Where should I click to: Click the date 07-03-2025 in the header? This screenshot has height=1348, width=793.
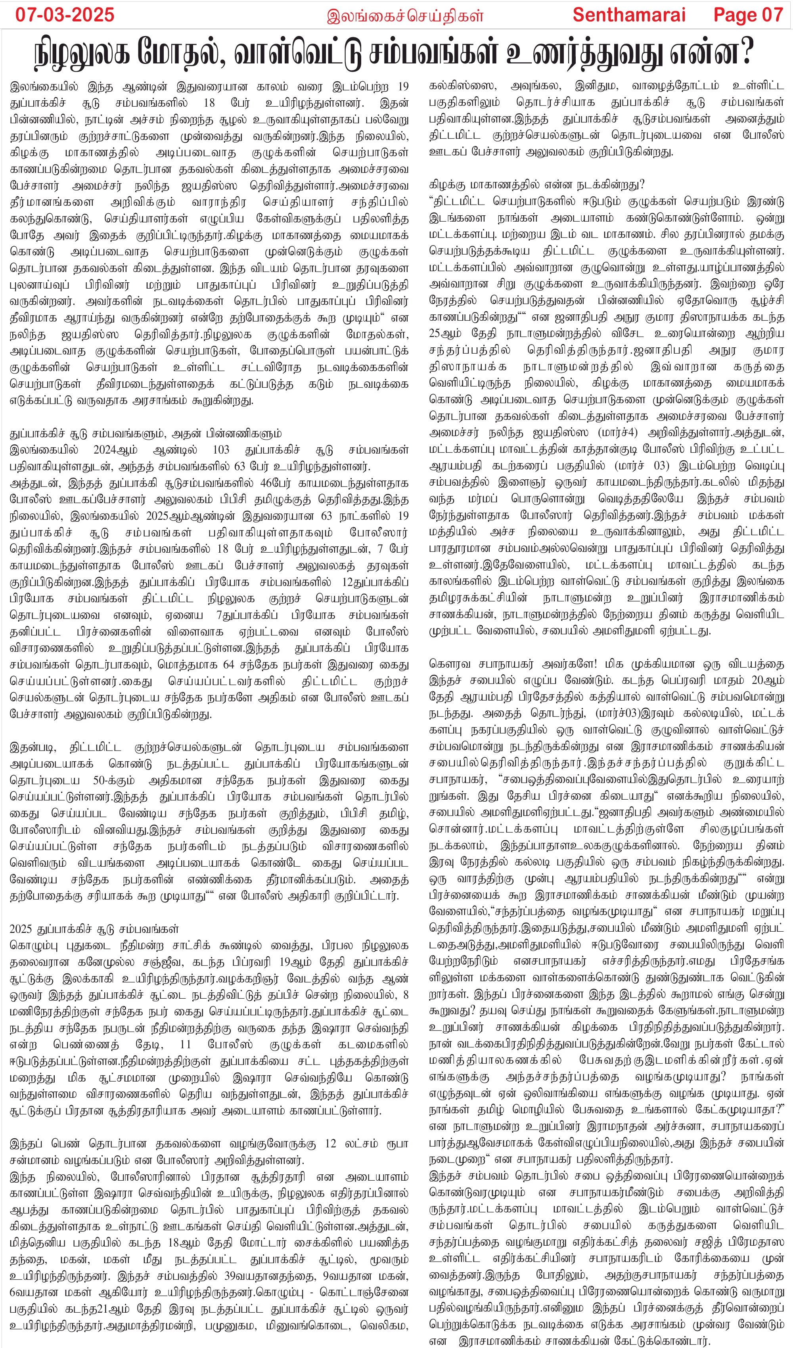(65, 14)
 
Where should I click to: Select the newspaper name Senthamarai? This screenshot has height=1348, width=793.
(629, 14)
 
